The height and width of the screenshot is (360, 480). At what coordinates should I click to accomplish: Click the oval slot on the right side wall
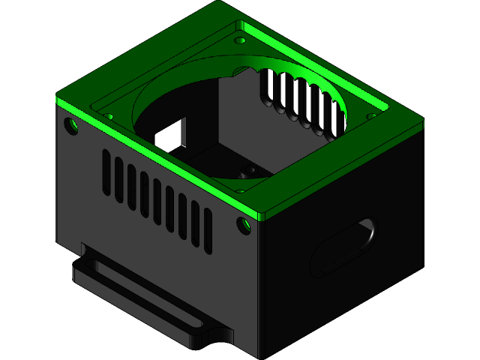344,248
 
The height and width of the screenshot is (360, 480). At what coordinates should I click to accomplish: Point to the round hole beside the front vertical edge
244,224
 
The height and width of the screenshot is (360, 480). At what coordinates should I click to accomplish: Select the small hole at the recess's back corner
240,40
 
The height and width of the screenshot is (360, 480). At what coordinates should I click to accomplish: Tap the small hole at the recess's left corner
109,117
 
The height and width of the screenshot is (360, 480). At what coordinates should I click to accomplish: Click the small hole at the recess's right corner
371,115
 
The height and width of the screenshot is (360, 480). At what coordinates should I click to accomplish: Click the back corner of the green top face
217,3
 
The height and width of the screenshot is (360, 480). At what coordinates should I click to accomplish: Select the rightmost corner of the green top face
423,124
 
